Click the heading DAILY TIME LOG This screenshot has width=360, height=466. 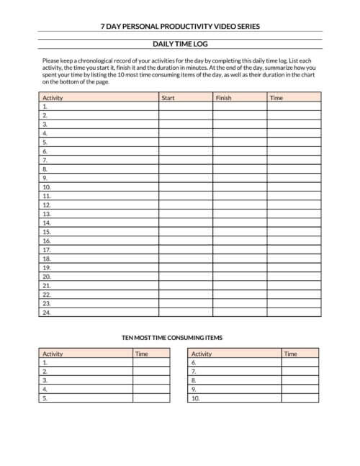[180, 44]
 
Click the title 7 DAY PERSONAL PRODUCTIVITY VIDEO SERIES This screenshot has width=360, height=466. [180, 27]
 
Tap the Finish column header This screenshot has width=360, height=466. [223, 97]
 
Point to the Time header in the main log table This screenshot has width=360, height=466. [276, 97]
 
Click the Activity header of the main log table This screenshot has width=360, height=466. [53, 97]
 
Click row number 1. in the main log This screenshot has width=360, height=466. [45, 106]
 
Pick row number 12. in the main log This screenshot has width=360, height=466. [47, 205]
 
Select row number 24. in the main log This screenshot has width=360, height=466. [47, 313]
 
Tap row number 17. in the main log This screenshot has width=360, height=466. [47, 249]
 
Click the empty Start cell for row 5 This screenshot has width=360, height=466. [185, 142]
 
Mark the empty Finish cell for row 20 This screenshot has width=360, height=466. [239, 277]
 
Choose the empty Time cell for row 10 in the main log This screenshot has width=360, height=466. [294, 187]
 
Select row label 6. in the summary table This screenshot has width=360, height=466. [194, 363]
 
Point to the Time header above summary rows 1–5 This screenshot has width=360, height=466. [142, 354]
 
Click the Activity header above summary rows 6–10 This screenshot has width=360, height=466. [202, 354]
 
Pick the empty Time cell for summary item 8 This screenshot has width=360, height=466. [300, 380]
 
